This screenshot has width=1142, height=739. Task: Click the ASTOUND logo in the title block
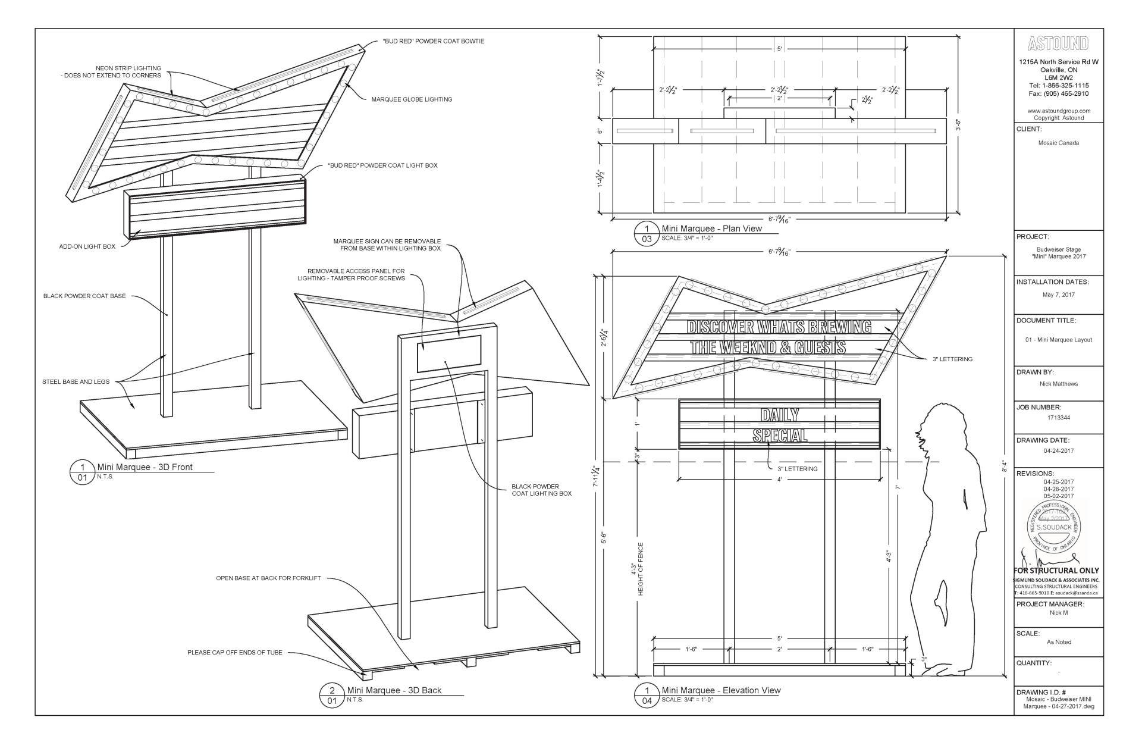[1058, 43]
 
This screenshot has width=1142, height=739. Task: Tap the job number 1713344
[1058, 418]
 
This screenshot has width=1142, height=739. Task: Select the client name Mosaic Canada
[1058, 143]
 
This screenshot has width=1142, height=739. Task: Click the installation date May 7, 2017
[1058, 295]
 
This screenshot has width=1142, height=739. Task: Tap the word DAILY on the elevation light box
[780, 415]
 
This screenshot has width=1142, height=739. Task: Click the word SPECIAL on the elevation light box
[780, 435]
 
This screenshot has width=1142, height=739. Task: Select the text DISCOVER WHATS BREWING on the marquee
[779, 327]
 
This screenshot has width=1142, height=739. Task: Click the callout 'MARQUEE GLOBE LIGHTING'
[412, 99]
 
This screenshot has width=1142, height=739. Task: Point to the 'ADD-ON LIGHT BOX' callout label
[87, 246]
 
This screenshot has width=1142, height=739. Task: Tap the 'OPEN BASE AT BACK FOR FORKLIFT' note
[268, 578]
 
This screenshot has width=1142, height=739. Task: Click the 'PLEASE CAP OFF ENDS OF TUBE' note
[235, 653]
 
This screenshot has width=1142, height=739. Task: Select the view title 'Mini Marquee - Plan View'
[711, 228]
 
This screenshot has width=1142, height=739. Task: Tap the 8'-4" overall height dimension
[1004, 466]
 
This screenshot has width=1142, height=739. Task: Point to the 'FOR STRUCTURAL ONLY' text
[1056, 571]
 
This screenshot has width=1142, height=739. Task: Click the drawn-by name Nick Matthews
[1058, 384]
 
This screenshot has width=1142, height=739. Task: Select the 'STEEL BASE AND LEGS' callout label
[76, 381]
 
